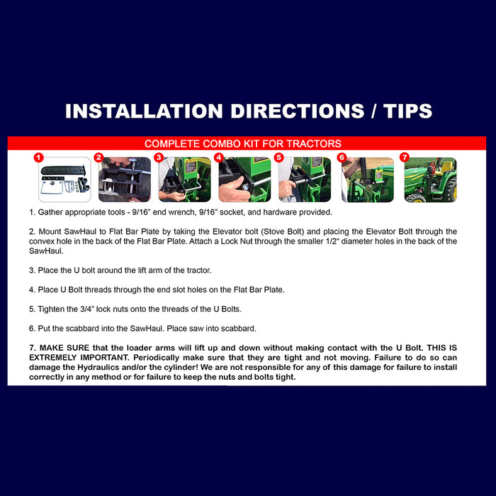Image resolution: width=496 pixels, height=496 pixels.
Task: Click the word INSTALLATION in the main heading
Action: click(145, 111)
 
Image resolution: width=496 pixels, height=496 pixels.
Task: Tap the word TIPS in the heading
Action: click(407, 111)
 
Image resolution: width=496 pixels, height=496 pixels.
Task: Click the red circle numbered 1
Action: click(38, 157)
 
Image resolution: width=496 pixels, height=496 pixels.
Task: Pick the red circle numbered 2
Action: click(98, 157)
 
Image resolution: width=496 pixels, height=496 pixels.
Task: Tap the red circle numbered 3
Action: click(159, 157)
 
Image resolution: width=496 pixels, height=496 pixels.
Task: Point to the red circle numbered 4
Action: click(219, 157)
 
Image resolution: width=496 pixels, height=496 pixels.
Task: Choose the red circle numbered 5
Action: click(278, 157)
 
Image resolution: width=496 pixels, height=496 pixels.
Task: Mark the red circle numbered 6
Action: click(342, 157)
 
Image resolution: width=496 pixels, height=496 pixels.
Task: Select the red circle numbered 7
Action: click(405, 157)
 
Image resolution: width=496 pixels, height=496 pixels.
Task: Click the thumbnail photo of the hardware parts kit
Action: click(64, 179)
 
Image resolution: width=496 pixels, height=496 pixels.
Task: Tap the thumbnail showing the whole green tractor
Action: click(431, 180)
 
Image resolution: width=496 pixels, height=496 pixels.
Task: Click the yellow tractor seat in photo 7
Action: click(446, 168)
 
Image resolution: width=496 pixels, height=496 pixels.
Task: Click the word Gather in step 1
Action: click(49, 213)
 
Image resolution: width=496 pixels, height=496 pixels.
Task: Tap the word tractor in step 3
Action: click(198, 271)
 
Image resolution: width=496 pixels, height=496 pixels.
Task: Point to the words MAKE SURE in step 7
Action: click(64, 348)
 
